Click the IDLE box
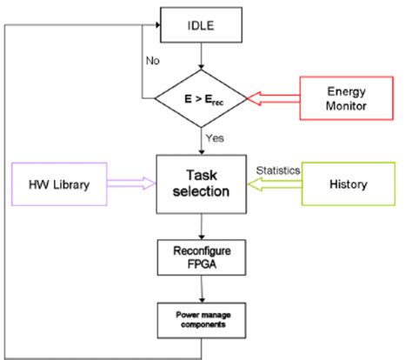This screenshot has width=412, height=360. (202, 23)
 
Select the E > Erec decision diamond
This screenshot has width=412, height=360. (202, 99)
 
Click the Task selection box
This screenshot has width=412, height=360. (202, 183)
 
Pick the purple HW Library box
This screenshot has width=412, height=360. (56, 184)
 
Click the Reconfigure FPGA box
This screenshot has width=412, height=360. (202, 257)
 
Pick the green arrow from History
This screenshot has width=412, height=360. (275, 184)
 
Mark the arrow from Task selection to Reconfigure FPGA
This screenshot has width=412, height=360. (202, 225)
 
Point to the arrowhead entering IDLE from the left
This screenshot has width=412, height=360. (158, 23)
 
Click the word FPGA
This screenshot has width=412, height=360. (202, 264)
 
